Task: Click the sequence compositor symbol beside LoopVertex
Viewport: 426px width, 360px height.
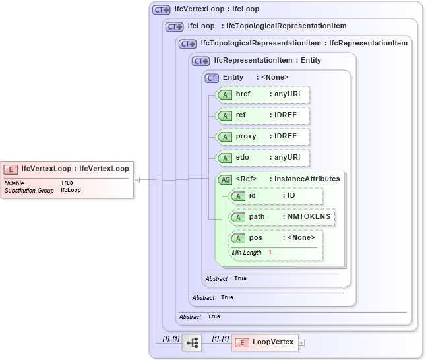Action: [x=192, y=342]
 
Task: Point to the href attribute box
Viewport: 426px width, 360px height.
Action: [x=262, y=94]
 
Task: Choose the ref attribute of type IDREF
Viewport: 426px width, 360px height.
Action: [x=262, y=115]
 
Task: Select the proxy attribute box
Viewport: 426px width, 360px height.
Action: [x=262, y=136]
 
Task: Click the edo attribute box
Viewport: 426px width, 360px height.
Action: [x=262, y=158]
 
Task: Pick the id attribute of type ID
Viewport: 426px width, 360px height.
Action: [x=276, y=196]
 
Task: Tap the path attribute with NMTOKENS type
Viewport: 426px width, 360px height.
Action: [x=282, y=216]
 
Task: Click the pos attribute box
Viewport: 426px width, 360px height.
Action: [x=276, y=238]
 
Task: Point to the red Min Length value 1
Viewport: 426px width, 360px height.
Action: [x=270, y=253]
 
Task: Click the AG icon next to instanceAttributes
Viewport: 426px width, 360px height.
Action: [x=226, y=179]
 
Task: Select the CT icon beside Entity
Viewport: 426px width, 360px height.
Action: [x=212, y=78]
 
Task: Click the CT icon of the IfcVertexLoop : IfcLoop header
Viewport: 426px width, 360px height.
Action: [x=161, y=10]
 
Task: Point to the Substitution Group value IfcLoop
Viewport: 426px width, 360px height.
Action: [x=71, y=190]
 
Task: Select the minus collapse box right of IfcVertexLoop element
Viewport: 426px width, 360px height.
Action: [x=137, y=179]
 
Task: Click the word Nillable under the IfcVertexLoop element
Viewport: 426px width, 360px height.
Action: [x=15, y=183]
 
